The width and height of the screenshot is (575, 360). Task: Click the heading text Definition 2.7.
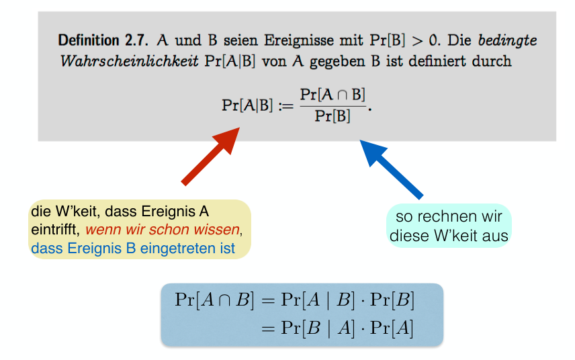coord(103,40)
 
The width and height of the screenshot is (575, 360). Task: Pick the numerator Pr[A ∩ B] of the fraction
coord(333,95)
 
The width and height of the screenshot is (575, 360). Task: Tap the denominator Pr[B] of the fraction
coord(334,116)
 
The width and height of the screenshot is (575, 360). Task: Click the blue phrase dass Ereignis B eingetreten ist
coord(133,249)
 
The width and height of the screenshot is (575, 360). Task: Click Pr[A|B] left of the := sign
coord(247,105)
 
